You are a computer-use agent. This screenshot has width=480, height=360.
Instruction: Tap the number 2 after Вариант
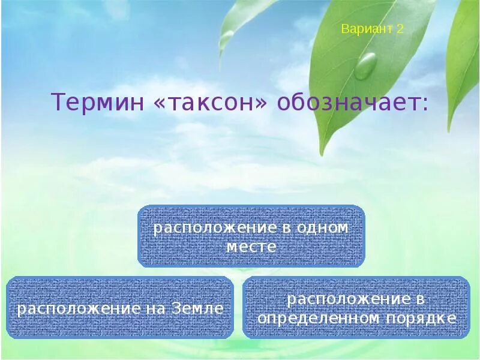coord(400,29)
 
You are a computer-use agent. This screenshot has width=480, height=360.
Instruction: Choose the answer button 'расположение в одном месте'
coord(251,236)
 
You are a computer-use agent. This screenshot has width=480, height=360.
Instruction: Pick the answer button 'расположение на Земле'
coord(120,308)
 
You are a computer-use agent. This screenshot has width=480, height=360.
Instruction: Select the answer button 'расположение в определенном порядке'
coord(356,308)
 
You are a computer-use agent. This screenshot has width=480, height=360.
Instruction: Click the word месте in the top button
coord(251,247)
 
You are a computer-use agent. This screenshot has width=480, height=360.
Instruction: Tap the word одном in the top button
coord(322,228)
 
